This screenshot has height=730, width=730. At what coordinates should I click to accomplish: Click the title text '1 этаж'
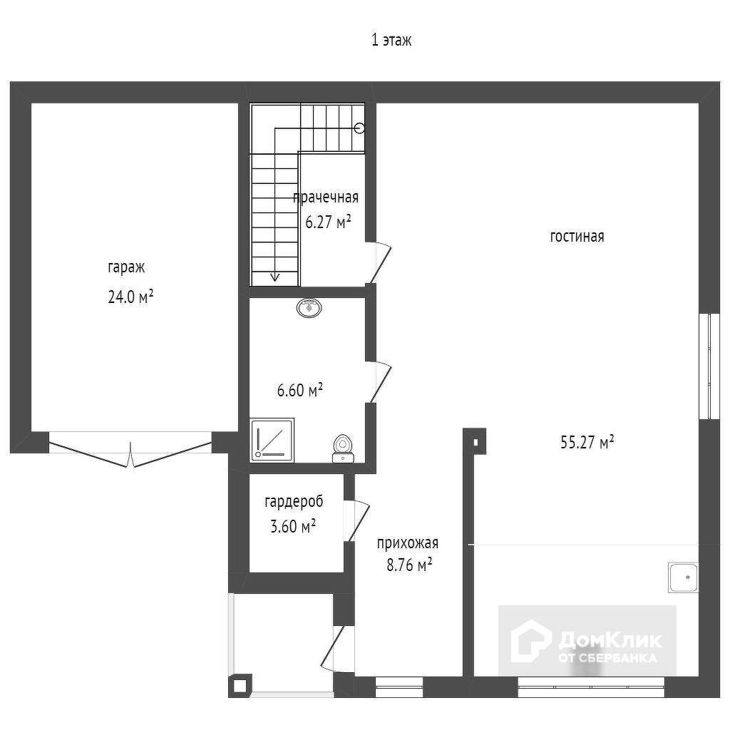point(391,41)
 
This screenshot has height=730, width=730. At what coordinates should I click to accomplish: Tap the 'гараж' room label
point(126,267)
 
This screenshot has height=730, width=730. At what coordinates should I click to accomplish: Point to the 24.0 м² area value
point(130,297)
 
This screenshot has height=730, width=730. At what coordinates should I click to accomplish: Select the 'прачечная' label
point(326,197)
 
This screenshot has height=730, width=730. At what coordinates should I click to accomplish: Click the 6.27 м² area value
point(328,222)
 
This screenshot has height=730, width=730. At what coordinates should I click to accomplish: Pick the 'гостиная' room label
point(577,237)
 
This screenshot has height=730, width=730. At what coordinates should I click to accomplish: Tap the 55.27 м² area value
point(587,442)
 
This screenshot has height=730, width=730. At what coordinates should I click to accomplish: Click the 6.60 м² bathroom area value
point(300,390)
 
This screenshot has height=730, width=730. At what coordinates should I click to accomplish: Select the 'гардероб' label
point(294,503)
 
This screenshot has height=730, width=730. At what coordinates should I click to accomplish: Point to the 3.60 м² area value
point(293,526)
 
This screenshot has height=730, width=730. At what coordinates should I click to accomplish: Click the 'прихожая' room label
point(407,543)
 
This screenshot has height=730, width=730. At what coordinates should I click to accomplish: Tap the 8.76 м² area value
point(409,565)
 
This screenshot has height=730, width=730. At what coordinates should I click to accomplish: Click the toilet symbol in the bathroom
point(343,448)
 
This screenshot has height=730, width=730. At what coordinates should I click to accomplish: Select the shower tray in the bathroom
point(272,440)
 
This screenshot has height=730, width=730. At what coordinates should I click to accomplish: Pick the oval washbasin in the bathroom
point(309,308)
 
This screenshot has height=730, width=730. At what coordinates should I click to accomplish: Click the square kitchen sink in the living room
point(684,577)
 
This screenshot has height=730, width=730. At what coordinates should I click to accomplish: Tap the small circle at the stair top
point(359,128)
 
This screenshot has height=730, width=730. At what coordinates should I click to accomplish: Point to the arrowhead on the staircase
point(274,277)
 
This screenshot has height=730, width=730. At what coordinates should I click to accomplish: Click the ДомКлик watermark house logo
point(530,641)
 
